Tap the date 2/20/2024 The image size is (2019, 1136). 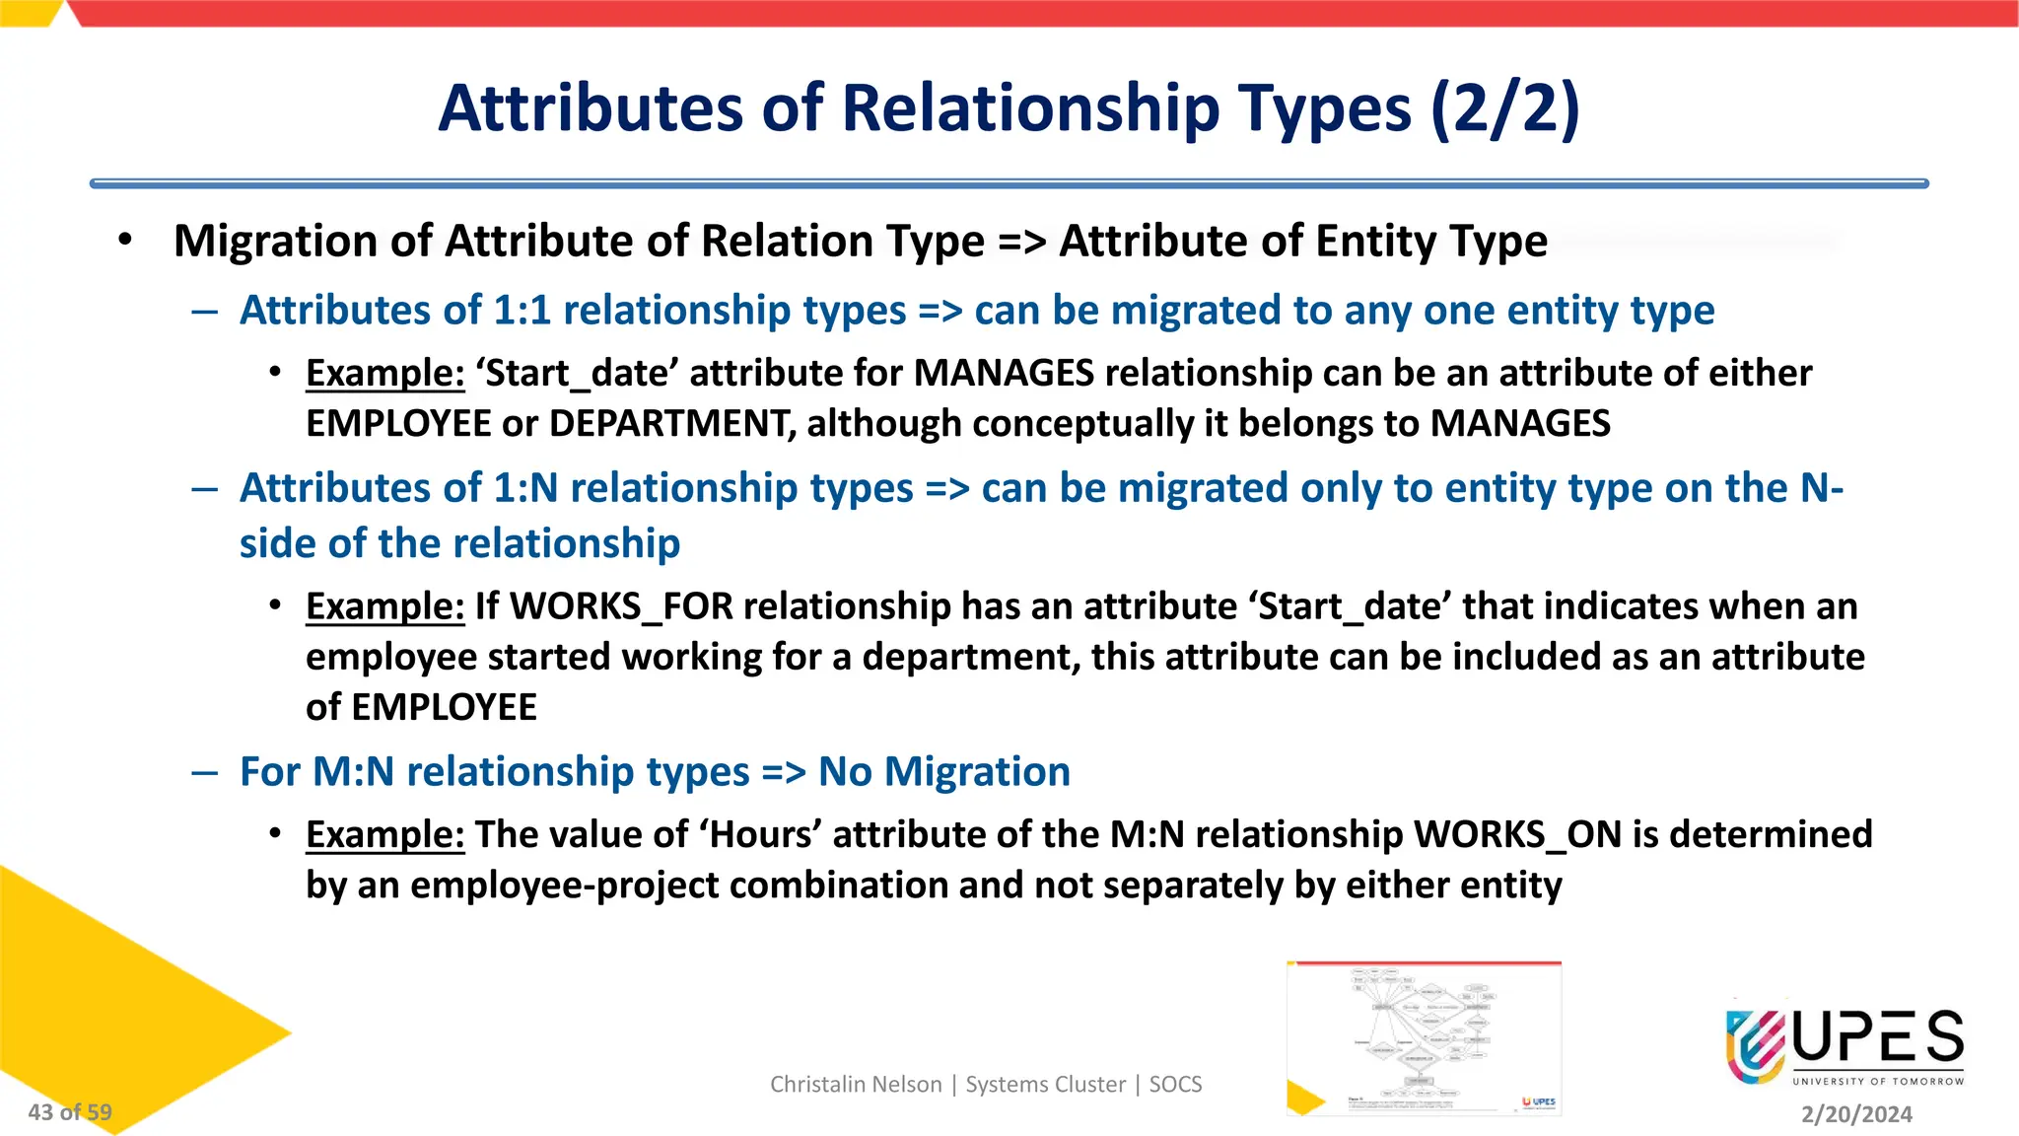[x=1856, y=1114]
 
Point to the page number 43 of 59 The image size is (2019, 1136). [x=70, y=1112]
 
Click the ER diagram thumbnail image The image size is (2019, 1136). [x=1424, y=1038]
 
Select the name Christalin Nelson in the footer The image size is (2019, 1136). [x=856, y=1085]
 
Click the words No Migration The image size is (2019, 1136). [x=944, y=772]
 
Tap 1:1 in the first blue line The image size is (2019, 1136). [x=522, y=311]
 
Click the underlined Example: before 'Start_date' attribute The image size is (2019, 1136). [x=384, y=374]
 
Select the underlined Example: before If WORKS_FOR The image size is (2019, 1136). [x=384, y=606]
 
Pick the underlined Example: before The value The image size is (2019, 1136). [x=384, y=835]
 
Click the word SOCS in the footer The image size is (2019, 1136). [x=1175, y=1085]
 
